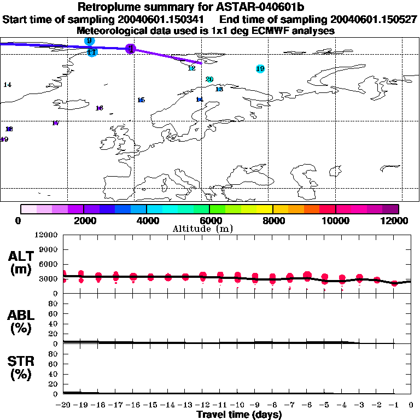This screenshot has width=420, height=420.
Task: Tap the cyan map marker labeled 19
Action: pyautogui.click(x=260, y=69)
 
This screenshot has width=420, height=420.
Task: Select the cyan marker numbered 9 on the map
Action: pyautogui.click(x=89, y=40)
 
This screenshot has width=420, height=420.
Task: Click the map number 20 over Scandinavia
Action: pyautogui.click(x=209, y=79)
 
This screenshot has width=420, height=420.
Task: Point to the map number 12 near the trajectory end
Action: pyautogui.click(x=191, y=68)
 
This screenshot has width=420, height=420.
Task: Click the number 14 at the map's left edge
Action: pyautogui.click(x=8, y=85)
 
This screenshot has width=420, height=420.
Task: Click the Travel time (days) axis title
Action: pyautogui.click(x=239, y=415)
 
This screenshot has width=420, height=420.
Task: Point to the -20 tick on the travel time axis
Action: pyautogui.click(x=63, y=405)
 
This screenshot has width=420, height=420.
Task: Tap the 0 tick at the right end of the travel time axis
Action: pyautogui.click(x=411, y=405)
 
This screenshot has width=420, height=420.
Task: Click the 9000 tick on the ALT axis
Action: pyautogui.click(x=49, y=249)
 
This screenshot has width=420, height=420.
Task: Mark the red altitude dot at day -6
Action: pyautogui.click(x=307, y=276)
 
